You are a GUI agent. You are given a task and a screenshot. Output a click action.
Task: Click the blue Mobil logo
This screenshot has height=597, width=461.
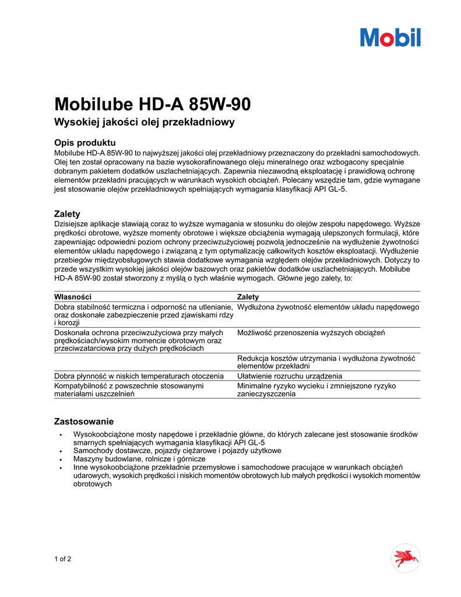pos(390,37)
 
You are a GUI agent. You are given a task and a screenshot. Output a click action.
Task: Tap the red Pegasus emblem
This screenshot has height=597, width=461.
pos(405,558)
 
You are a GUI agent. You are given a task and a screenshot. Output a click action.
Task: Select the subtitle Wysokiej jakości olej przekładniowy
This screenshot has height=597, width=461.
pos(144,122)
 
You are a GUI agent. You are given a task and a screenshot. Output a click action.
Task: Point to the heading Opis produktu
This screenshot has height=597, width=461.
pos(85,143)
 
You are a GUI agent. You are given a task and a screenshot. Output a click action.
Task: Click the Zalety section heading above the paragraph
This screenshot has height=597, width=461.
pos(67,214)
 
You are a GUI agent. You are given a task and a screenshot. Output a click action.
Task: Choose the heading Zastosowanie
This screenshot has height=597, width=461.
pos(83,421)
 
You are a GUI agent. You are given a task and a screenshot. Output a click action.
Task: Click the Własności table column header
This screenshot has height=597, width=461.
pos(73,297)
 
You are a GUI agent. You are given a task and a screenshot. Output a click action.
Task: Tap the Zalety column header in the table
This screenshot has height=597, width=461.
pos(248,297)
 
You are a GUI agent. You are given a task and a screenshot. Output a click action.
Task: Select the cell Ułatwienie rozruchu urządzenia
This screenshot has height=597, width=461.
pos(290,376)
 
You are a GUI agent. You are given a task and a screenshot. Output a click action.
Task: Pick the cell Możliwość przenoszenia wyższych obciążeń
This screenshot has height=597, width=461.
pos(311,332)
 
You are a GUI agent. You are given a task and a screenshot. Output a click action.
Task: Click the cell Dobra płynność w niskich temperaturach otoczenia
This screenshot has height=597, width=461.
pos(139,376)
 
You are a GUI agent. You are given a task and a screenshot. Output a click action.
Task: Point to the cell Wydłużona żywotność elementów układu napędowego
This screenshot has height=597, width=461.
pos(328,307)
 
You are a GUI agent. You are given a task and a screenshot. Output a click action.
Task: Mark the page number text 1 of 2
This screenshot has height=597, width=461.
pos(63,559)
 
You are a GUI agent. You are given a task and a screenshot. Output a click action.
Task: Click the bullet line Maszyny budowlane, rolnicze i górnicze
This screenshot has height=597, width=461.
pos(139,459)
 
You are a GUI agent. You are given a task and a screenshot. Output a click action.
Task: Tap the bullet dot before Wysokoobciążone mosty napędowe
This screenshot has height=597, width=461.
pos(61,435)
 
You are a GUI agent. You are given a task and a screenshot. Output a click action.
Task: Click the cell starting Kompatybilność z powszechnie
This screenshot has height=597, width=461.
pos(128,389)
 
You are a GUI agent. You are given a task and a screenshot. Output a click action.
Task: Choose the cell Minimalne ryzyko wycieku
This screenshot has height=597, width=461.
pos(316,389)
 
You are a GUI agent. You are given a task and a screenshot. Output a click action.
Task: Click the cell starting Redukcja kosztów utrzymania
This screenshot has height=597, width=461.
pos(325,361)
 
